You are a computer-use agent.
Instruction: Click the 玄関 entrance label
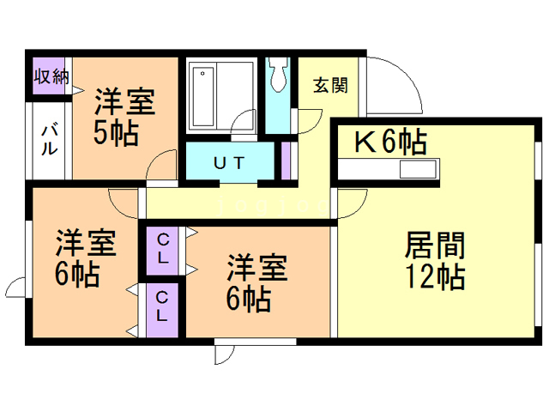coord(330,86)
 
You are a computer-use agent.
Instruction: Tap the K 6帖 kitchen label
coord(391,142)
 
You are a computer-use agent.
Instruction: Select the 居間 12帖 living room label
coord(435,261)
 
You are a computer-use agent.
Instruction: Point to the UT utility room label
coord(229,163)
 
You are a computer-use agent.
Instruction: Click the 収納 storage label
coord(51,76)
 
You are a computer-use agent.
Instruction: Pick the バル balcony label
coord(50,139)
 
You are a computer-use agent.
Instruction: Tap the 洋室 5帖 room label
coord(124,117)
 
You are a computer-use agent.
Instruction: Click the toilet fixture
coord(278,75)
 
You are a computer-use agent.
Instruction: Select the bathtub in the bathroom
coord(202,96)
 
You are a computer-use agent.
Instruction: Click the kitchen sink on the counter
coord(418,169)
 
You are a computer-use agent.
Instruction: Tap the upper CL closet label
coord(163,249)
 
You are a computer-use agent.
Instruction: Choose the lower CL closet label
coord(162,306)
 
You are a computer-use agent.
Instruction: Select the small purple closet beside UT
coord(286,161)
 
